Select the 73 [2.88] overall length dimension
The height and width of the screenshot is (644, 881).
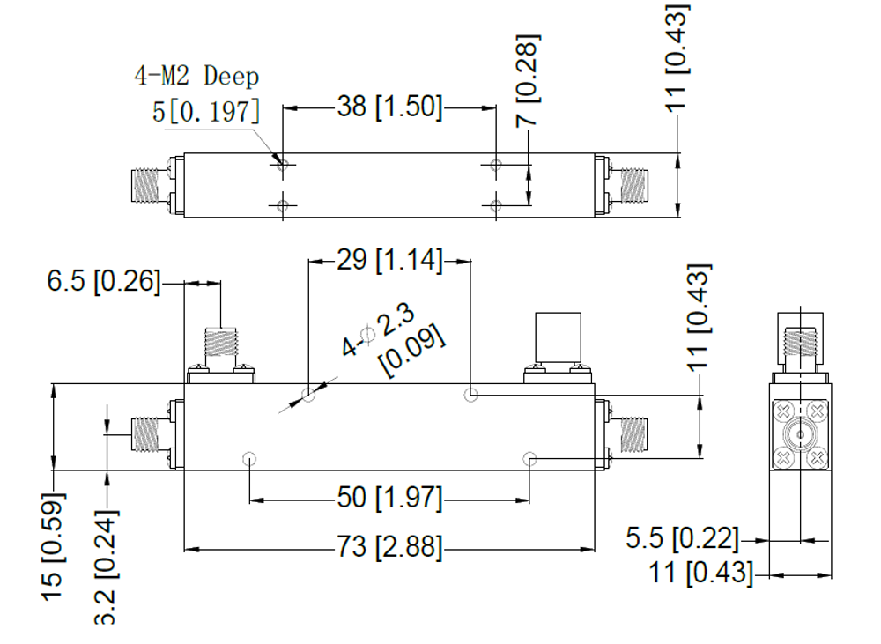tap(389, 548)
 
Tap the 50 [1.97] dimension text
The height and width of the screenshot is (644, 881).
tap(389, 499)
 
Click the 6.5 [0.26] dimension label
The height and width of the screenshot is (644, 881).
tap(104, 282)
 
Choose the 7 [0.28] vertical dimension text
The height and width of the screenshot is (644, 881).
tap(529, 80)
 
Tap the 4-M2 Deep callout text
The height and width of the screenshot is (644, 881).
tap(196, 76)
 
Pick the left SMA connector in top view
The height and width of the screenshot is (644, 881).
tap(144, 185)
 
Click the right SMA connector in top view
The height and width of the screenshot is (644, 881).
tap(632, 185)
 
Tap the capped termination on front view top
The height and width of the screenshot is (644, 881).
tap(557, 338)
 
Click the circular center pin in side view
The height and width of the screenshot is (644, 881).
tap(800, 434)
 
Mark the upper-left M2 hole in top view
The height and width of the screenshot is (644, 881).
tap(282, 165)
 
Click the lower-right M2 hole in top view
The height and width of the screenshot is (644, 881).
tap(496, 206)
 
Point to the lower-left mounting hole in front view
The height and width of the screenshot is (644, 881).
tap(249, 458)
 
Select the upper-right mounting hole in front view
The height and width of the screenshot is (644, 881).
tap(471, 395)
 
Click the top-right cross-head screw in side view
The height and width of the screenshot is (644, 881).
tap(817, 411)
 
